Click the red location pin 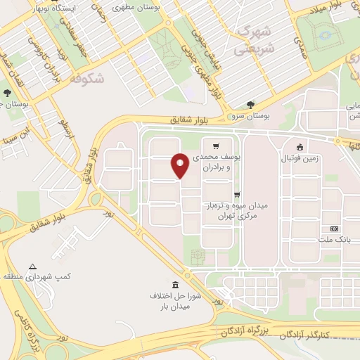click(180, 165)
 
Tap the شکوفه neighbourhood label click(86, 79)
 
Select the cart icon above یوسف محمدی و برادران click(225, 146)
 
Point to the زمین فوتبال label click(300, 159)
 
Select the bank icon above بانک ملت click(333, 229)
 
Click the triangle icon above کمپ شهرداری click(32, 267)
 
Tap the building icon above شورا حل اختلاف click(175, 285)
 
